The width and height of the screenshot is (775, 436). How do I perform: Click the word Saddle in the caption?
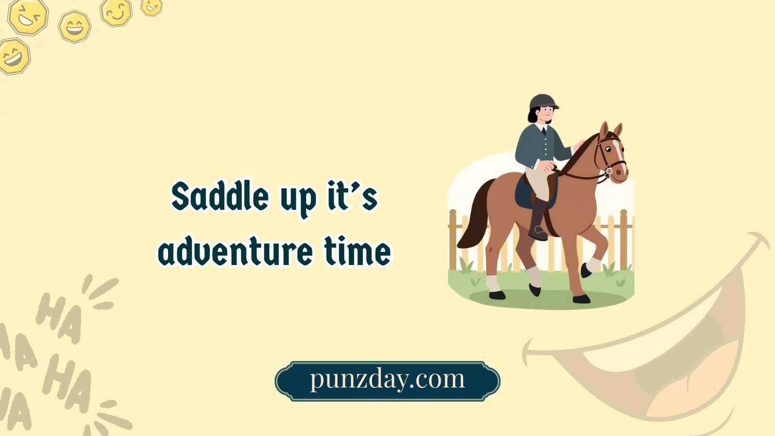pos(220,196)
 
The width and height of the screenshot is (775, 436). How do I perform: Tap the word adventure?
pos(235,251)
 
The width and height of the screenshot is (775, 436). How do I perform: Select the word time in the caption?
pos(357,251)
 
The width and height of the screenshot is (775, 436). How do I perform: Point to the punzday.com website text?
pos(387,379)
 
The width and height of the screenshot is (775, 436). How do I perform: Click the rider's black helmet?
pos(543,101)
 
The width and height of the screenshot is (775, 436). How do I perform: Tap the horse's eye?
pos(607,149)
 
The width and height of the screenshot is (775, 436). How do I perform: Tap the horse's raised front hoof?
pos(586,271)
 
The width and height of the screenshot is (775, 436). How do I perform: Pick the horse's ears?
pos(610,130)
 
